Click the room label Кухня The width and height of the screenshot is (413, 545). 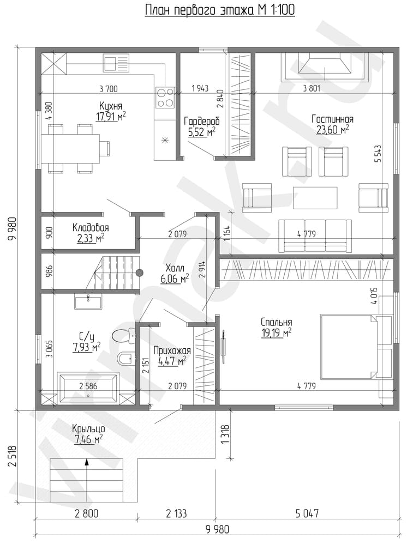click(111, 106)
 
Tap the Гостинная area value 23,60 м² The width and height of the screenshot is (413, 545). click(333, 130)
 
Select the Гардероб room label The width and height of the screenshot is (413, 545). click(202, 122)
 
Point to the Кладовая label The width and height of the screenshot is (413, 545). click(91, 228)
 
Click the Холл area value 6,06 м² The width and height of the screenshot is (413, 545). click(175, 278)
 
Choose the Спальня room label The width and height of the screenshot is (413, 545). click(276, 322)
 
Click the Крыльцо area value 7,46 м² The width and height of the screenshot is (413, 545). click(88, 440)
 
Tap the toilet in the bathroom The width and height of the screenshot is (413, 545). click(124, 336)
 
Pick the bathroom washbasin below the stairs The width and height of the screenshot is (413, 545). click(88, 301)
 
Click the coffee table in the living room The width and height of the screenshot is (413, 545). click(315, 198)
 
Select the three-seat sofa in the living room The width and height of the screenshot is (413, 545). click(315, 235)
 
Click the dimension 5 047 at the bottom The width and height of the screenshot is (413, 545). click(307, 513)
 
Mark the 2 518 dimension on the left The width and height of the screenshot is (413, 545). click(13, 455)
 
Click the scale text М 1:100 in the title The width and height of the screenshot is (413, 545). click(276, 10)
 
